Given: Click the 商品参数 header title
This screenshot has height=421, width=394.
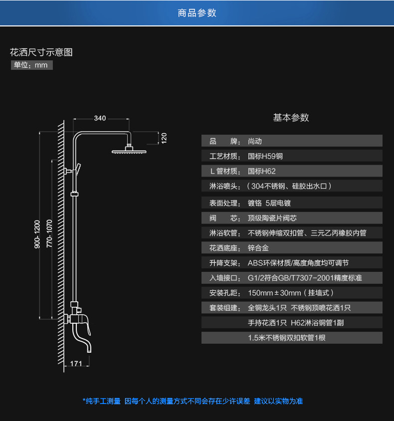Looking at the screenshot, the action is pyautogui.click(x=197, y=13).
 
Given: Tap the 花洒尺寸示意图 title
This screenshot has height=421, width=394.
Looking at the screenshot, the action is pyautogui.click(x=41, y=52).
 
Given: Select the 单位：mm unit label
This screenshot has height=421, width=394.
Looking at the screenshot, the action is pyautogui.click(x=31, y=65).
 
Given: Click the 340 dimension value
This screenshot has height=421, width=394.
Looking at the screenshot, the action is pyautogui.click(x=100, y=118).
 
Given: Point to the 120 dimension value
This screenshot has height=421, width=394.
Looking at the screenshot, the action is pyautogui.click(x=164, y=137).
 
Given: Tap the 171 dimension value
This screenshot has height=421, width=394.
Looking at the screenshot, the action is pyautogui.click(x=76, y=364).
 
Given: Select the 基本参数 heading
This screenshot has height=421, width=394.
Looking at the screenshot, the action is pyautogui.click(x=291, y=118).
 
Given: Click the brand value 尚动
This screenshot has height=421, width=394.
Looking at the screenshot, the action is pyautogui.click(x=255, y=141).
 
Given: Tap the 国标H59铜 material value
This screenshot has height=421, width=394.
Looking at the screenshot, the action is pyautogui.click(x=265, y=156).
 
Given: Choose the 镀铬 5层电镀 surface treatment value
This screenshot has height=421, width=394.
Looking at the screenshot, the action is pyautogui.click(x=269, y=203).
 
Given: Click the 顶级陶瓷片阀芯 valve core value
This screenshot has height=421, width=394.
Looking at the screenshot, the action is pyautogui.click(x=272, y=218).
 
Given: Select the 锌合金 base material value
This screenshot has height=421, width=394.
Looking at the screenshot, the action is pyautogui.click(x=258, y=248).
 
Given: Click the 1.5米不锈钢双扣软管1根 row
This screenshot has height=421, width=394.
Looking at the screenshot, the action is pyautogui.click(x=287, y=338).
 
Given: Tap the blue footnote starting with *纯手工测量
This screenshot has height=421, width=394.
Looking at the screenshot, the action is pyautogui.click(x=193, y=401).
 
